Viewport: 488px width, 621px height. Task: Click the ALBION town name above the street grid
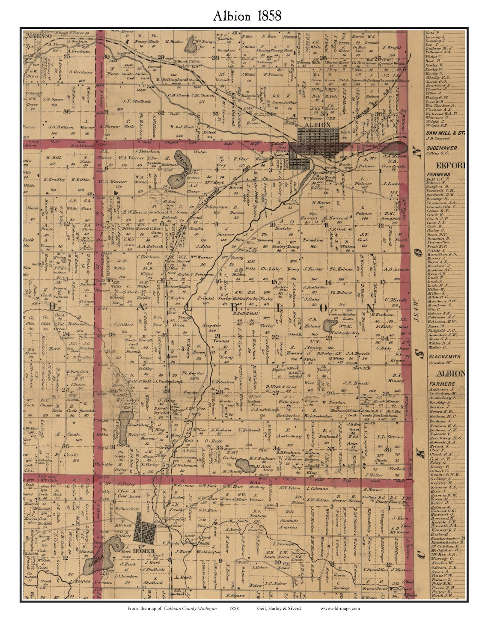tap(318, 125)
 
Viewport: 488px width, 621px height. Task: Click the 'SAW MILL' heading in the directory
tap(441, 133)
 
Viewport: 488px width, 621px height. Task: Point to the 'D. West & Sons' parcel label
tap(280, 386)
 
